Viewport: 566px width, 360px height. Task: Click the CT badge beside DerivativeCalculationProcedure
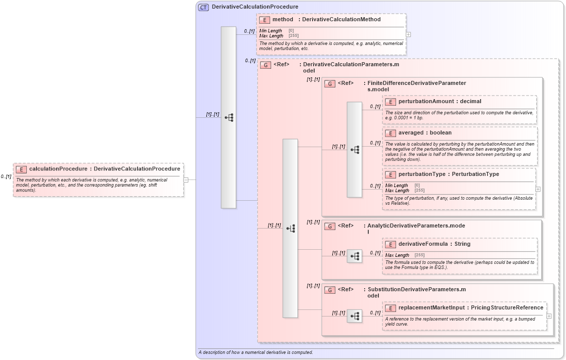tap(203, 7)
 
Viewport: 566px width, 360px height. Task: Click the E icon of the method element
tap(264, 20)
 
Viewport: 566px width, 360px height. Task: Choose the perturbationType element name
tap(422, 174)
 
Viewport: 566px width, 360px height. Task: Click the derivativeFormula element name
tap(423, 244)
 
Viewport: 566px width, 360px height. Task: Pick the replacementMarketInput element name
tap(431, 307)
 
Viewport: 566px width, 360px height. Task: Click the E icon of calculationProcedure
tap(21, 169)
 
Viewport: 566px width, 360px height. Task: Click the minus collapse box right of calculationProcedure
tap(186, 179)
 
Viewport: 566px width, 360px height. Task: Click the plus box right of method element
tap(408, 34)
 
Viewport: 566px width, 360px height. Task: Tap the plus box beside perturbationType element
tap(538, 189)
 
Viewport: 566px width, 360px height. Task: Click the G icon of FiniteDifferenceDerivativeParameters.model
tap(330, 83)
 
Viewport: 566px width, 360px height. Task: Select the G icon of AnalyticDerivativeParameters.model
tap(330, 226)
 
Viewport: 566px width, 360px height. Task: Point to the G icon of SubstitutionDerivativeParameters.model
tap(330, 290)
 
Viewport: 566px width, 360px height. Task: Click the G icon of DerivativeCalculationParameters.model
tap(266, 65)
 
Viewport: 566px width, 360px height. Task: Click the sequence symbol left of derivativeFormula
tap(355, 256)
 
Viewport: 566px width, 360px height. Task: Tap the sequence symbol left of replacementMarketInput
tap(355, 316)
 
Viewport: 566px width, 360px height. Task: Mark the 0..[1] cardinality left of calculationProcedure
tap(6, 176)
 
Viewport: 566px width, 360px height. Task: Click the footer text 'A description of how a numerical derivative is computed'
tap(255, 352)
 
